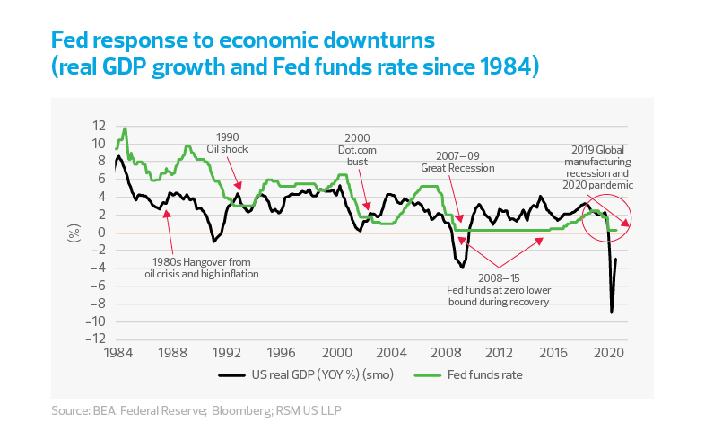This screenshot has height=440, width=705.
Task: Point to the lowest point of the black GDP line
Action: pos(612,312)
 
